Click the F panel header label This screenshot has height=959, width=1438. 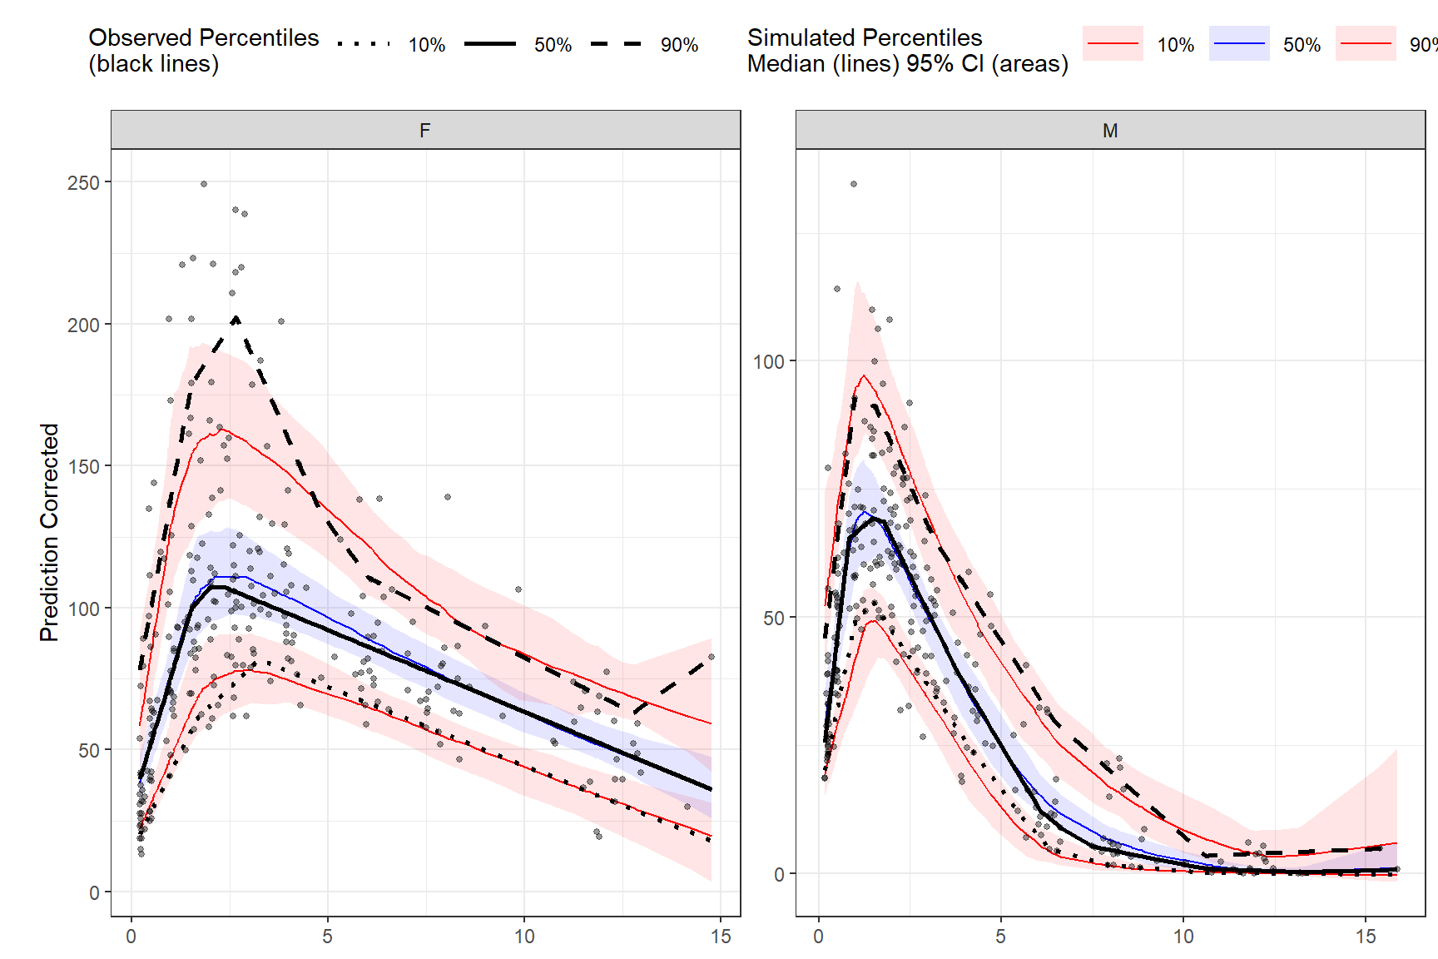[x=425, y=131]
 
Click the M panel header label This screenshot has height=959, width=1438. [x=1109, y=131]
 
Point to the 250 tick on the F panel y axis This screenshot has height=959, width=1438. [x=83, y=182]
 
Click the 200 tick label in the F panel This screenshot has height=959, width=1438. [x=83, y=325]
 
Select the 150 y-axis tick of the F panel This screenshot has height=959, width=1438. [x=83, y=466]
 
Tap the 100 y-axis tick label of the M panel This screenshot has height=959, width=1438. [x=768, y=361]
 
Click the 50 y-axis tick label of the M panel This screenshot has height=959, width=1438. [x=774, y=618]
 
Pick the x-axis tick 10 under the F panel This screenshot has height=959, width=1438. [x=524, y=937]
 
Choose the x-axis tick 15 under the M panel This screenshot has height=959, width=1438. [x=1366, y=937]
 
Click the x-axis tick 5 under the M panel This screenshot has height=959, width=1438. [x=1001, y=937]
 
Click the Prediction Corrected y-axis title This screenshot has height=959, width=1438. [x=49, y=533]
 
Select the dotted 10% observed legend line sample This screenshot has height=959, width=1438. [x=364, y=43]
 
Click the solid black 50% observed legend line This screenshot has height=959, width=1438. [x=490, y=43]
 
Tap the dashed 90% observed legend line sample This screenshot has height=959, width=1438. [x=617, y=43]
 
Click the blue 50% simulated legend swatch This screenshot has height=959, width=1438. [x=1239, y=43]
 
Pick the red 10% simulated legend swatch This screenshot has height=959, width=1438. [x=1113, y=43]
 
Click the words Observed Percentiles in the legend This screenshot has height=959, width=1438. [x=204, y=37]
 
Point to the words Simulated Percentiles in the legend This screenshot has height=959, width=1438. [x=865, y=37]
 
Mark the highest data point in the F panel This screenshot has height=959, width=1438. [x=204, y=184]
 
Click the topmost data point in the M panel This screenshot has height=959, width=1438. [x=854, y=184]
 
